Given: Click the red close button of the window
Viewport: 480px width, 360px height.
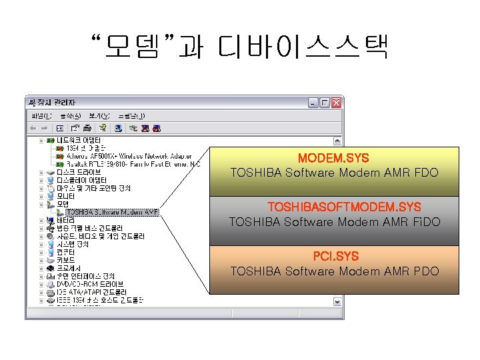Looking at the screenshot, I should point(337,103).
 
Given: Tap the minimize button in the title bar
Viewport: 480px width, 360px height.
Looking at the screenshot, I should point(313,103).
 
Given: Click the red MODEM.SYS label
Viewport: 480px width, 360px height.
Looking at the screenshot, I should point(333,159).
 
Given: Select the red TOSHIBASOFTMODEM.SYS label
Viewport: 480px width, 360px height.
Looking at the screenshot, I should point(344,207).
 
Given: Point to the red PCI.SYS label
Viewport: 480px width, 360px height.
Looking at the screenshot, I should point(335,256).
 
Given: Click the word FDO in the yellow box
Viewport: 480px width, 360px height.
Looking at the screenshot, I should point(425,173).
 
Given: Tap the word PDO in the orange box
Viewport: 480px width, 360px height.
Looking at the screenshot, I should point(425,271).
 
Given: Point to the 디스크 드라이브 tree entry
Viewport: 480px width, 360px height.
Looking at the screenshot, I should point(79,171).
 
